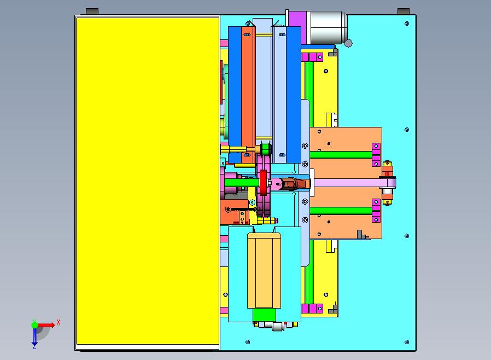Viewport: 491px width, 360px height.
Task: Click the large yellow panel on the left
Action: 148,181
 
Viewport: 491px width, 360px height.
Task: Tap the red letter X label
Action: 59,322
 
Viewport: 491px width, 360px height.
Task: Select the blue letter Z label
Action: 34,347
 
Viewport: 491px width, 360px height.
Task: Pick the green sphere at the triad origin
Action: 34,324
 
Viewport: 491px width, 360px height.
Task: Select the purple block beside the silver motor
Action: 297,27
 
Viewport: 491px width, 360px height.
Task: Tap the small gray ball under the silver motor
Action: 348,43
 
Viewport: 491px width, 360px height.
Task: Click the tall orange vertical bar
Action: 249,95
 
